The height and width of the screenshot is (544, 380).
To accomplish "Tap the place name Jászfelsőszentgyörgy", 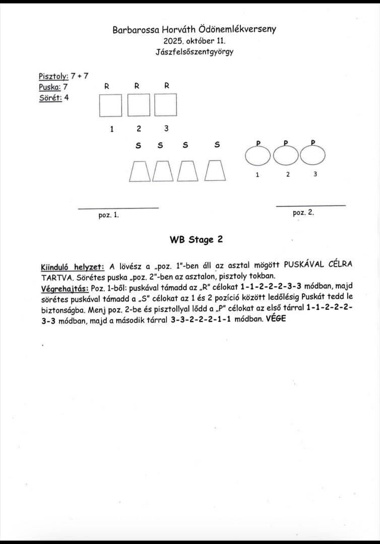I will (x=195, y=51).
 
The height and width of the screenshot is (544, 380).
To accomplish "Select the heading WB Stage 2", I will (x=196, y=240).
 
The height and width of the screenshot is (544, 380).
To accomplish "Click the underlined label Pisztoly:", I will (x=53, y=77).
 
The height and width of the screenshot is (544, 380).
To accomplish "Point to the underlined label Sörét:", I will (x=50, y=98).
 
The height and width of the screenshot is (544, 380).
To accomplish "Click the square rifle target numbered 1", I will (x=111, y=106).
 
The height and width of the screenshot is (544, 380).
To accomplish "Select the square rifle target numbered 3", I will (x=166, y=106).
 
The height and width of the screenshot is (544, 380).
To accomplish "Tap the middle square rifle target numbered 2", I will (x=139, y=106).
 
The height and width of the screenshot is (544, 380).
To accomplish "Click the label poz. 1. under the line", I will (x=108, y=215).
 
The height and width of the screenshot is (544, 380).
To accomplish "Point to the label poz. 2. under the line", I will (x=303, y=213).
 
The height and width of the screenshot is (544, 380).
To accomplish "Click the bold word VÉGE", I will (x=275, y=319).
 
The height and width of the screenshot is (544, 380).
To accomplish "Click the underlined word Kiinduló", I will (x=54, y=266).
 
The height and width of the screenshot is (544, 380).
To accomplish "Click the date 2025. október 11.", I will (x=195, y=41).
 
